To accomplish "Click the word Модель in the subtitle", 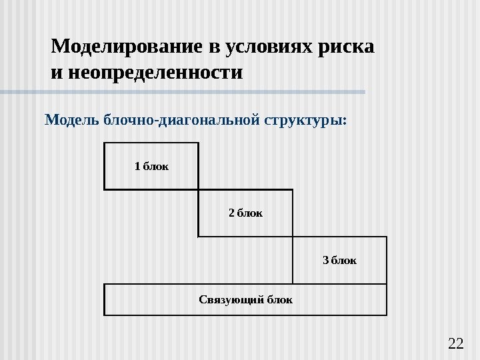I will pos(71,121).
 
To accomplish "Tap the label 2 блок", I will pos(245,213).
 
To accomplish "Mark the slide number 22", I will pos(456,343).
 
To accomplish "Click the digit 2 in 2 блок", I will pos(231,213).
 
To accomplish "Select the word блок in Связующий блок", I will pos(279,300).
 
